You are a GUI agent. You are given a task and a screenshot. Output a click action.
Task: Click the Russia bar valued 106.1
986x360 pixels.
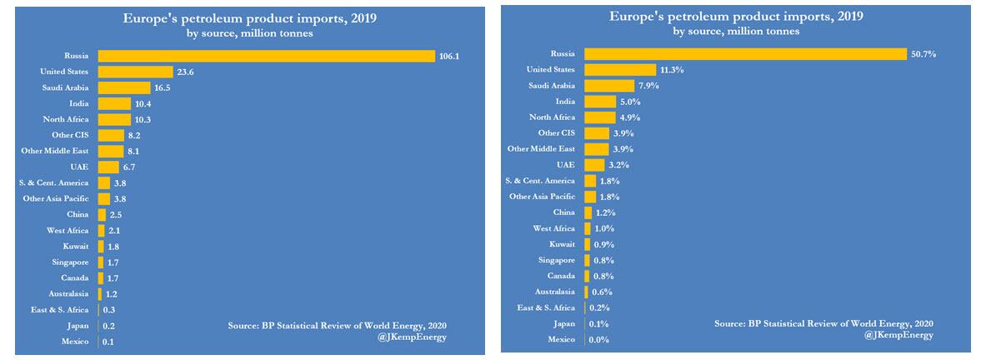pos(266,56)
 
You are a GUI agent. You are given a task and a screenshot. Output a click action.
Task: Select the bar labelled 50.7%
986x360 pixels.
pos(744,53)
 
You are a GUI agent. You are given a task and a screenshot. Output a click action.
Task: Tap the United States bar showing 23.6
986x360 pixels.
pos(135,72)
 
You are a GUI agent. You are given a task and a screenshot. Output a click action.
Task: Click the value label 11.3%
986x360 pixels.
pos(672,69)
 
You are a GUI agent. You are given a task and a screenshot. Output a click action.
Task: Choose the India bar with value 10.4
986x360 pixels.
pos(114,103)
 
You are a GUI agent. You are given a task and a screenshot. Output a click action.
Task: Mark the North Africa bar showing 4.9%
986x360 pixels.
pos(599,117)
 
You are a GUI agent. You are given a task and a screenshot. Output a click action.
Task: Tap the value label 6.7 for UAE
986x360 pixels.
pos(130,167)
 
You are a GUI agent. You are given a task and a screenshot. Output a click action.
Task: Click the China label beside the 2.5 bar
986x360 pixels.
pos(78,214)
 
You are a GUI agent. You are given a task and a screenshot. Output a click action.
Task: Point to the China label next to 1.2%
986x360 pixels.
pos(563,212)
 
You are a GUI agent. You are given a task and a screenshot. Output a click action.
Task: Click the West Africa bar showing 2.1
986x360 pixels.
pos(101,230)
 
